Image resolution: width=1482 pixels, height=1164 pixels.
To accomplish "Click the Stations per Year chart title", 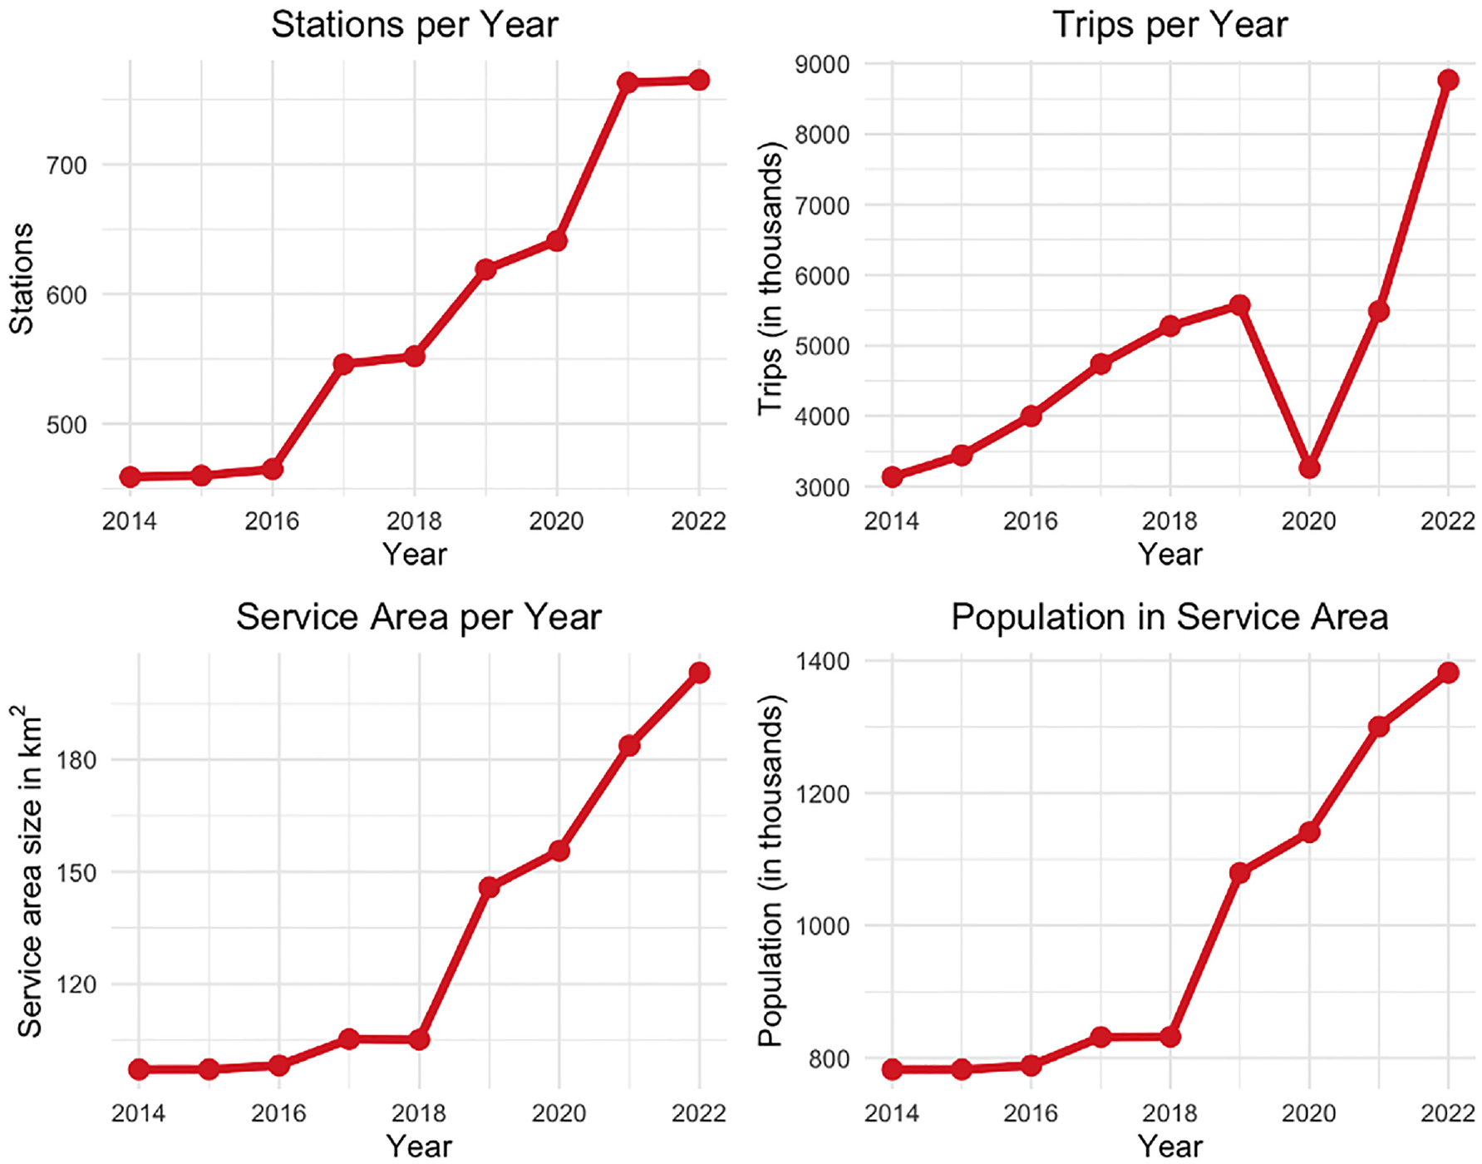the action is point(414,25).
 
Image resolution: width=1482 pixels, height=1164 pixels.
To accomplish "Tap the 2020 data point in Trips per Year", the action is point(1309,468).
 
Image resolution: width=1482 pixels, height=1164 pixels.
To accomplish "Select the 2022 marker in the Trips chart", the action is point(1448,80).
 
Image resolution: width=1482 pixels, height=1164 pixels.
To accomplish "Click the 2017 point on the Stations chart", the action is point(343,363).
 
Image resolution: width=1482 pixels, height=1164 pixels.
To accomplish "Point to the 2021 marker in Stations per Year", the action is point(628,82).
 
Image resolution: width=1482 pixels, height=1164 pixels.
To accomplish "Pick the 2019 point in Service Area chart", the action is point(489,887).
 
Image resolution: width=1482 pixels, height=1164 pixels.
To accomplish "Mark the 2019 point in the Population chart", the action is point(1239,872).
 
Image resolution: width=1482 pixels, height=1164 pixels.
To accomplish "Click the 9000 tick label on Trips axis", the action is point(822,64).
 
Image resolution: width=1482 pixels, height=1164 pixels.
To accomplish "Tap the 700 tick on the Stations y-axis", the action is point(67,165).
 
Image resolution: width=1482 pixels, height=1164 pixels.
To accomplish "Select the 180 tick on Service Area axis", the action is point(77,760).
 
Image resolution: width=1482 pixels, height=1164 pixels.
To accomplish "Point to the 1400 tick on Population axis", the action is point(822,661).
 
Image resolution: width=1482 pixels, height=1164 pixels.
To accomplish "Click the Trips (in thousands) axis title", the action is point(771,279).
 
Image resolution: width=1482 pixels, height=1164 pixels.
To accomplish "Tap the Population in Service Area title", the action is point(1169,617).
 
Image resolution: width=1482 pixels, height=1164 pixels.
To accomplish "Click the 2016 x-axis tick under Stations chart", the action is point(272,521).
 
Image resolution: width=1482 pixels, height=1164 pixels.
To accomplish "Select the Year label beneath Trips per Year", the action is point(1169,554).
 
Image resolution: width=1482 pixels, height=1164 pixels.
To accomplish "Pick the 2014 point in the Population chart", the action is point(892,1069).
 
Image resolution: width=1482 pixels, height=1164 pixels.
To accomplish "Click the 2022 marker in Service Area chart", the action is point(699,673).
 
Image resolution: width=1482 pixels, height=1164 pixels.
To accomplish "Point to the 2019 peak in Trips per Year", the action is point(1239,305).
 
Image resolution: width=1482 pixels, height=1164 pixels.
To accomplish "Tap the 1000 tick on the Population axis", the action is point(822,926).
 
